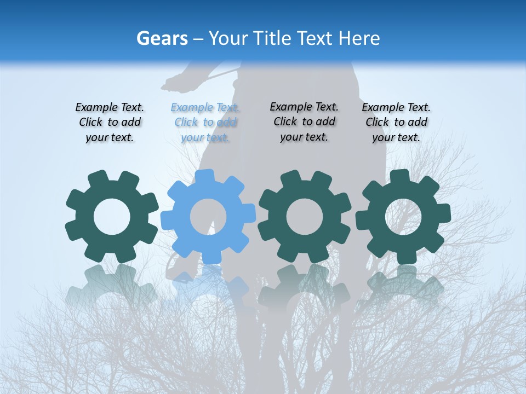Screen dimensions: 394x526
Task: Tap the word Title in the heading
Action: point(272,38)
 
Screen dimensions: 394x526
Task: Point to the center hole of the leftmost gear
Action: point(112,217)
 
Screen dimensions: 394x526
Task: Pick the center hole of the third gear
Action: point(305,217)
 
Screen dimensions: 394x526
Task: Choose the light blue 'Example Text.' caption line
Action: point(205,108)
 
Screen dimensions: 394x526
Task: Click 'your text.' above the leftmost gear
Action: point(110,137)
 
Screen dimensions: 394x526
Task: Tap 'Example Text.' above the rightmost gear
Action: point(396,107)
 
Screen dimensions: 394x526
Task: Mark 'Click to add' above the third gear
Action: point(304,121)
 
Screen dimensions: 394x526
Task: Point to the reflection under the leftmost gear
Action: point(112,285)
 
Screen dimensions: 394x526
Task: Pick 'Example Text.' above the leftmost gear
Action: point(110,107)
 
